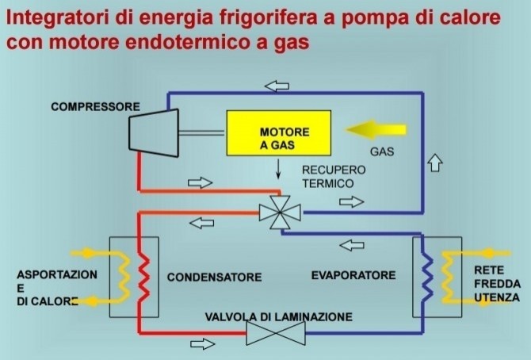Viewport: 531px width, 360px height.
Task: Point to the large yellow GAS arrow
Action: [378, 129]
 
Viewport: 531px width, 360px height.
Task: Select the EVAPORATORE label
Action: [353, 275]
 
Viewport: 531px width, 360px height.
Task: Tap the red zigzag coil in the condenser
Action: [143, 274]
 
